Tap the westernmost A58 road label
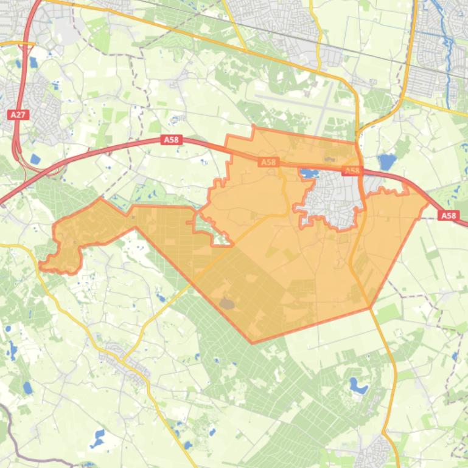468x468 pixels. (x=172, y=140)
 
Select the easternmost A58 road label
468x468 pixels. (x=449, y=216)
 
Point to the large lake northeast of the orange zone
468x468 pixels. (x=386, y=162)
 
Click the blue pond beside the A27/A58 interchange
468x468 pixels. (x=35, y=160)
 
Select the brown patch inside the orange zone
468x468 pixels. (x=227, y=302)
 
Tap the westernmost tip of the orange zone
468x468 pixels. (x=40, y=265)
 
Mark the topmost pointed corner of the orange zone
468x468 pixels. (x=253, y=126)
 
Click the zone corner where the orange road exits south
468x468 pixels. (x=369, y=308)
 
